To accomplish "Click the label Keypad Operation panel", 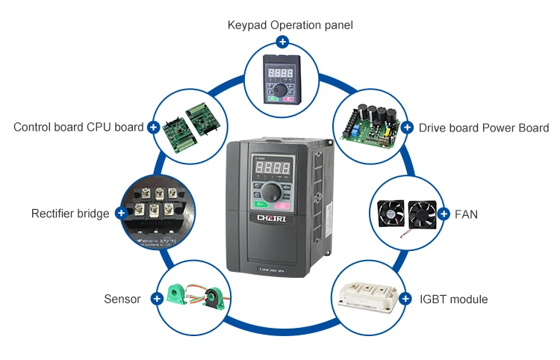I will click(290, 25).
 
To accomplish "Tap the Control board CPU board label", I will click(78, 127).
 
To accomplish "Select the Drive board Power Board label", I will click(484, 128).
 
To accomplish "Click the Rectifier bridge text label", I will click(70, 214).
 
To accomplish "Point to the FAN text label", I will click(466, 214).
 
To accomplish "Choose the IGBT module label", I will click(453, 300).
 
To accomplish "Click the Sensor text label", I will click(122, 299).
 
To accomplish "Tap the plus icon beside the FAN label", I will click(443, 214).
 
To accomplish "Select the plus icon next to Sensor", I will click(157, 299).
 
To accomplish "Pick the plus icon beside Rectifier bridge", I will click(121, 214).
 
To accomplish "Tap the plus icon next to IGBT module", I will click(405, 299).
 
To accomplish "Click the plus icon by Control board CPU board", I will click(154, 128).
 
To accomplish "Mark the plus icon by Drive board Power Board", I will click(407, 128).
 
